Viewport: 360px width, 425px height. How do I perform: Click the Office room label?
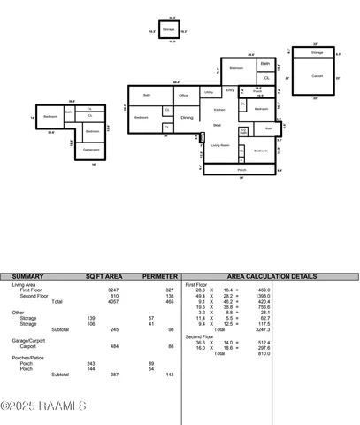(183, 95)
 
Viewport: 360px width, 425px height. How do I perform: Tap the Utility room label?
(209, 92)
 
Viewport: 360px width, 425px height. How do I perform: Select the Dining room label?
(187, 117)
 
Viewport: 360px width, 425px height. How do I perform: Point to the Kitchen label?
(218, 109)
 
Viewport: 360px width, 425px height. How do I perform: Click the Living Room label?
(220, 144)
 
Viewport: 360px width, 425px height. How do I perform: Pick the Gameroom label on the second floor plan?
(91, 150)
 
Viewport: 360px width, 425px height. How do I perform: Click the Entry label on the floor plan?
(230, 90)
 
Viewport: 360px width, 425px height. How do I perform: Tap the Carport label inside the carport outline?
(317, 76)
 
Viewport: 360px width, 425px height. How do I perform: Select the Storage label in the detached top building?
(169, 29)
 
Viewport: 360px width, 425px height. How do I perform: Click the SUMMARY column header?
(28, 276)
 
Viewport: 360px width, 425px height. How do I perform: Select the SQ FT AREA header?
(103, 276)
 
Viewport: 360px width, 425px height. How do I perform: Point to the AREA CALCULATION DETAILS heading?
(272, 276)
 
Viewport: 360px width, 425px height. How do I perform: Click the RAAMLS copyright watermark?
(43, 406)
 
